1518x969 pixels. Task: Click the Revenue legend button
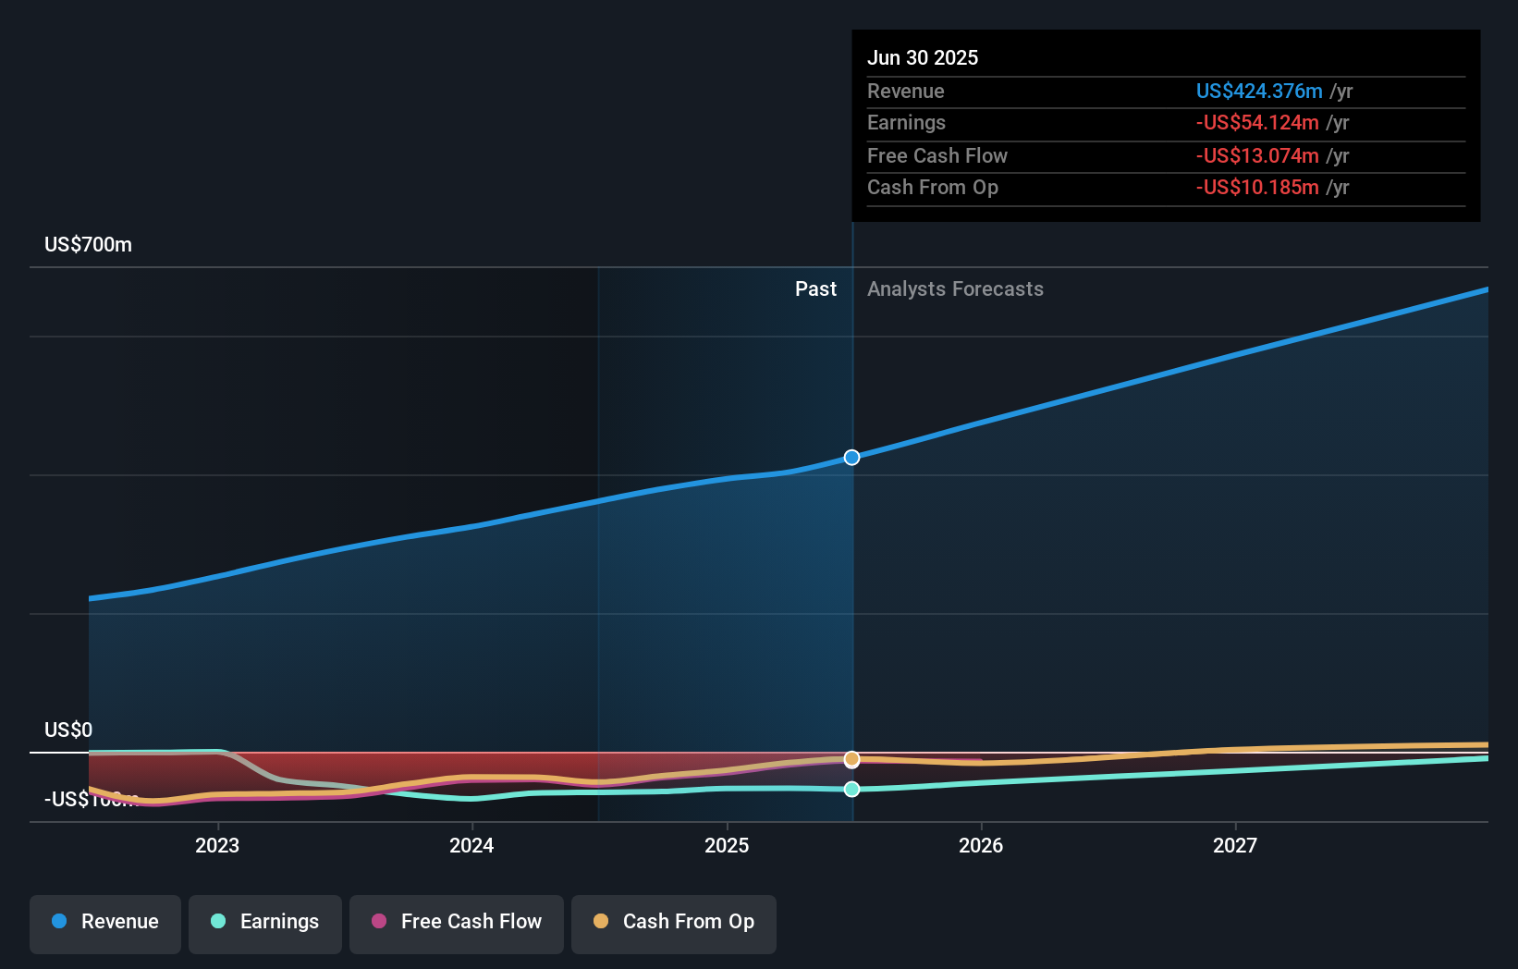point(105,922)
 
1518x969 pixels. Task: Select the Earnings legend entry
point(265,922)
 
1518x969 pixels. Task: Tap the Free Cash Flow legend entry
point(457,922)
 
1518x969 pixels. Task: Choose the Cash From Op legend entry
point(674,922)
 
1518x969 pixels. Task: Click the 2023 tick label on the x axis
point(217,845)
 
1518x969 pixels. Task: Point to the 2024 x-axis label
point(471,845)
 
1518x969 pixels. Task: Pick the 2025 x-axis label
point(727,845)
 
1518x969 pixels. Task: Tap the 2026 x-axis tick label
point(981,845)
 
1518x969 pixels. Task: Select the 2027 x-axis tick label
point(1235,845)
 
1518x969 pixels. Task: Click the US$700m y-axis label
point(88,245)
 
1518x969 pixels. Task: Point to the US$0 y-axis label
point(68,730)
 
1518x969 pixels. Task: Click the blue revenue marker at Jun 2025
point(852,458)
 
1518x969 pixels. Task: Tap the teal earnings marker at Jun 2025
point(852,789)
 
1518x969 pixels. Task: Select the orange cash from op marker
point(852,759)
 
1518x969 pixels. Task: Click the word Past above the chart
point(815,289)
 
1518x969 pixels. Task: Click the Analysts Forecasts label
point(955,289)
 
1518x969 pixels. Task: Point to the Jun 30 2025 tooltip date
point(922,57)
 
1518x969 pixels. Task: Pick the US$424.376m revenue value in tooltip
point(1258,91)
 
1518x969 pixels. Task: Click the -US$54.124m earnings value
point(1256,123)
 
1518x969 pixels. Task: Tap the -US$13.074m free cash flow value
point(1256,155)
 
